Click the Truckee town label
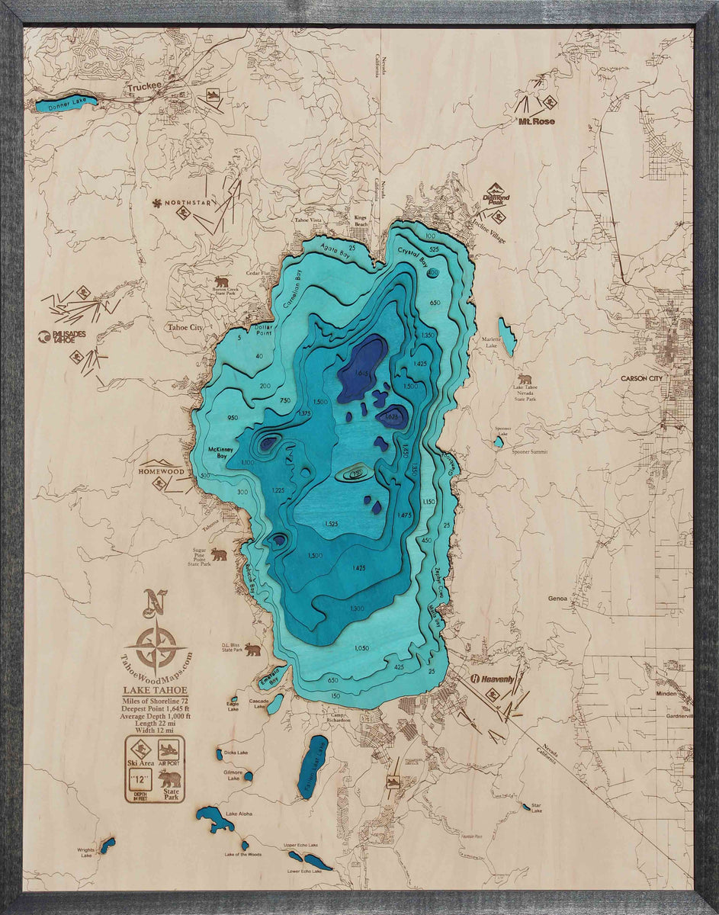[x=145, y=87]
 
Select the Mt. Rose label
[x=537, y=121]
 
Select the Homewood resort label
[x=162, y=471]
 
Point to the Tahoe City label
[x=185, y=327]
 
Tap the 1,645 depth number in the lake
[x=362, y=372]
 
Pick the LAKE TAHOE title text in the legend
[x=155, y=691]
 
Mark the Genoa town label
[x=557, y=599]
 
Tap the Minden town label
[x=666, y=694]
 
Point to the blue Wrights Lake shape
[x=108, y=845]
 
